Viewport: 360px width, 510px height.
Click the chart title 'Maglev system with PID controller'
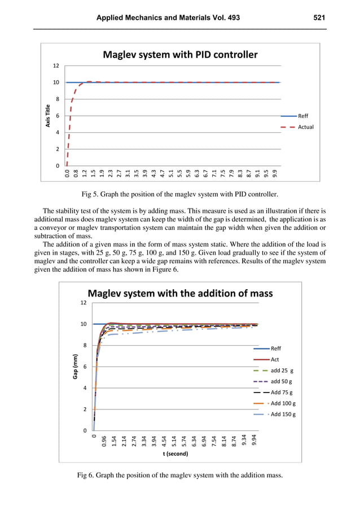click(x=179, y=55)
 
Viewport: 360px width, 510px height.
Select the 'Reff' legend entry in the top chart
click(x=303, y=116)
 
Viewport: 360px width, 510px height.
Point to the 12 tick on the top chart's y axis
click(x=55, y=66)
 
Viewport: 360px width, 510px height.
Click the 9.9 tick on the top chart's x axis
click(x=275, y=172)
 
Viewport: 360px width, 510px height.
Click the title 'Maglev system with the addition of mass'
click(x=179, y=293)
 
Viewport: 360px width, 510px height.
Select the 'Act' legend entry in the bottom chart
click(x=275, y=359)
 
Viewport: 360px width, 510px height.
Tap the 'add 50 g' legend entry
click(x=282, y=381)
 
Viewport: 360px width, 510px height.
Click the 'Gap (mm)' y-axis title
click(x=75, y=366)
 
